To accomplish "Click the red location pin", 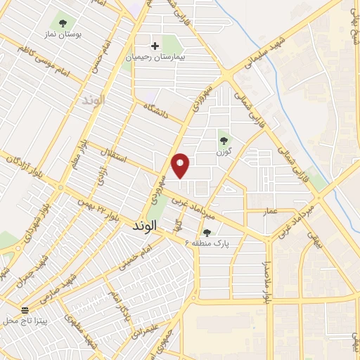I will [x=181, y=165].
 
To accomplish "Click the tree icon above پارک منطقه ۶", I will [x=207, y=231].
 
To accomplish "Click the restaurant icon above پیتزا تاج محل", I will [x=26, y=310].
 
